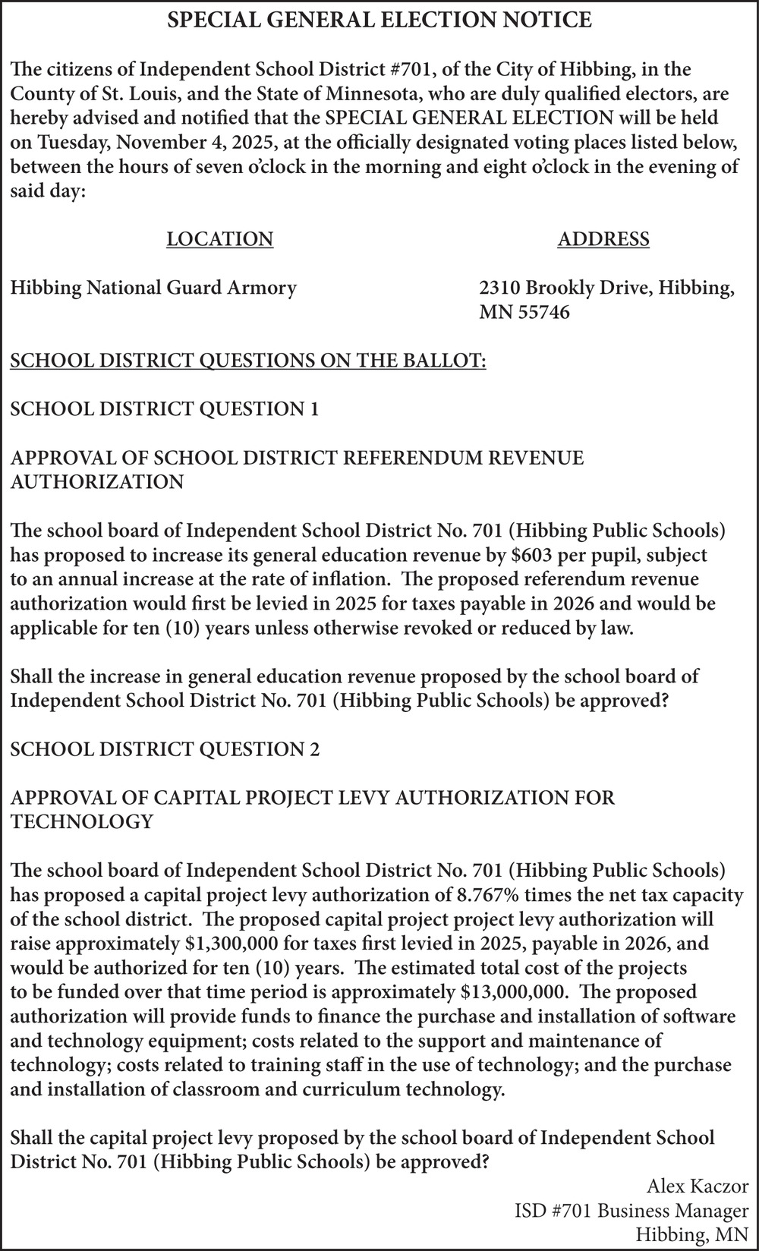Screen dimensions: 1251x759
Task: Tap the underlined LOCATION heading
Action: pos(219,239)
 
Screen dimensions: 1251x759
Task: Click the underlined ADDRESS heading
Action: pos(603,239)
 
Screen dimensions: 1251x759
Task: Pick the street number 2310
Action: pos(499,288)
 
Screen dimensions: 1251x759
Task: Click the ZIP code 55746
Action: pos(543,312)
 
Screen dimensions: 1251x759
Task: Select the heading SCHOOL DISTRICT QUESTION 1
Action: pos(164,409)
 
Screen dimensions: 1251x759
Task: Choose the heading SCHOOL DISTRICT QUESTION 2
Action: pos(165,749)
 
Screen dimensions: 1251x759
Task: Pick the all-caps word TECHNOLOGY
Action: pos(81,822)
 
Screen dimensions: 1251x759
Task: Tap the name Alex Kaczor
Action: pos(698,1186)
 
